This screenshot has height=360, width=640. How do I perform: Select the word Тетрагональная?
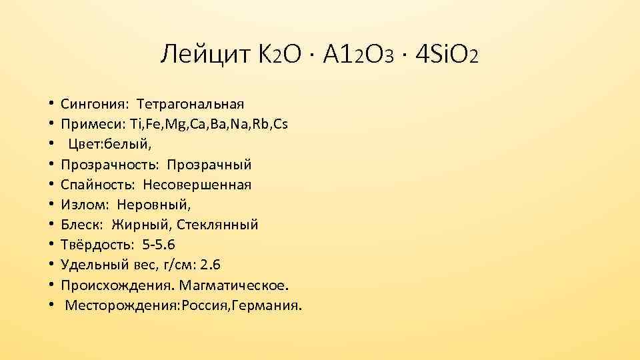point(191,104)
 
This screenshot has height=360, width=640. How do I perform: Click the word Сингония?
point(96,104)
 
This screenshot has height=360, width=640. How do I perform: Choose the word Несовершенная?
point(197,184)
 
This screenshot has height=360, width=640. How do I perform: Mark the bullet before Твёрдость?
point(51,245)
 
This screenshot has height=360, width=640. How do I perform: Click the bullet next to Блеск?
point(51,225)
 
